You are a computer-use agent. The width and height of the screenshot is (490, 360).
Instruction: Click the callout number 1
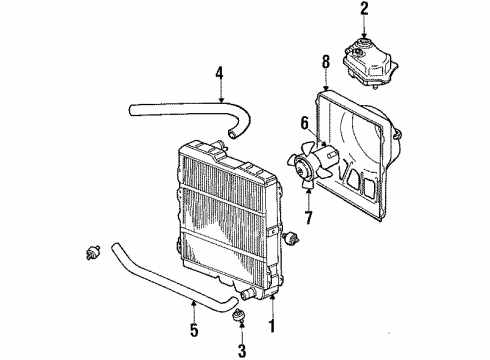pos(272,326)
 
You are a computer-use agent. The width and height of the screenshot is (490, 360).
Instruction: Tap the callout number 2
pos(364,9)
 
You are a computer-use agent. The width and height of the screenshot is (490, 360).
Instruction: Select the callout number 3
pos(242,351)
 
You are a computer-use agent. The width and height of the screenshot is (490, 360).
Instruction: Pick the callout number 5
pos(194,330)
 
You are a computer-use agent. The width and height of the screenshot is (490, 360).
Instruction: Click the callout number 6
pos(304,123)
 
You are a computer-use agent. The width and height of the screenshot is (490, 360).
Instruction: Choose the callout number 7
pos(308,217)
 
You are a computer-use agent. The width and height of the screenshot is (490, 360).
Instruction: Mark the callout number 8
pos(326,62)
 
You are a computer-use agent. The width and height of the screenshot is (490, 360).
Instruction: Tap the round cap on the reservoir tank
pos(364,42)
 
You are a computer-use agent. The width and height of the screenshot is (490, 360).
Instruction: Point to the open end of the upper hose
pos(232,134)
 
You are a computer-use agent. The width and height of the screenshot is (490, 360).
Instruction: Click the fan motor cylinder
pos(326,158)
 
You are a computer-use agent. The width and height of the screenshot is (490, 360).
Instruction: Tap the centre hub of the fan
pos(302,170)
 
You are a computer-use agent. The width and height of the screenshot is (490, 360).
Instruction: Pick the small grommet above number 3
pos(238,314)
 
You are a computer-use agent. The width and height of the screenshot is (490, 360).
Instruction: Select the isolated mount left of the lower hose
pos(92,252)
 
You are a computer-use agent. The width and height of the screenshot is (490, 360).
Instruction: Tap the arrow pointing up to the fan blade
pos(309,199)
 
